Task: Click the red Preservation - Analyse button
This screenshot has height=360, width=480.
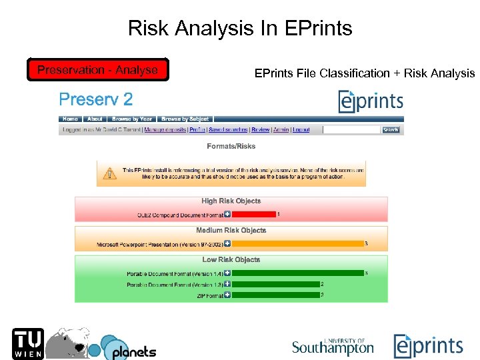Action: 97,70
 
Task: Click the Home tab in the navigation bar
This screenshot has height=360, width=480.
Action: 70,119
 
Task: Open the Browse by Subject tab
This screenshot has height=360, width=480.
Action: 185,119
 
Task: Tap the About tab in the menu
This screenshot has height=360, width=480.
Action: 95,119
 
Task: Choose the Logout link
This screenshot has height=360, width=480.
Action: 301,130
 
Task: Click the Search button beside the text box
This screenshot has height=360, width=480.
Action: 391,130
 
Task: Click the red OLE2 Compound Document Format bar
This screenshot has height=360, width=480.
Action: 254,215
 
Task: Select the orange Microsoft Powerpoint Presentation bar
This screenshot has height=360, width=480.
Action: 298,244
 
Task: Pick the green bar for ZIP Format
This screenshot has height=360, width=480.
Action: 276,295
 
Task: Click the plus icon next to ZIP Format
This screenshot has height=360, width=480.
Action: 227,295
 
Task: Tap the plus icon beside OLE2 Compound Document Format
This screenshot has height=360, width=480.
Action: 227,215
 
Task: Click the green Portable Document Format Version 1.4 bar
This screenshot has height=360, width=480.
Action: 298,273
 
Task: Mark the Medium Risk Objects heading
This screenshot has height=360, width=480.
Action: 231,231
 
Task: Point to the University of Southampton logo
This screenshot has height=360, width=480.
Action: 333,346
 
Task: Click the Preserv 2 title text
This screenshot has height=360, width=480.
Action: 96,100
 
